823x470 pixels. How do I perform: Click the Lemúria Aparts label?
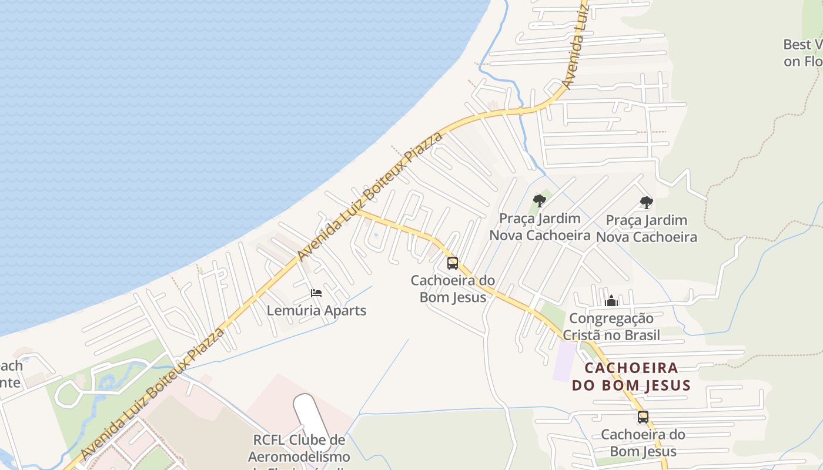[316, 311]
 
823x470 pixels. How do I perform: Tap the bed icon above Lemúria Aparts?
[316, 293]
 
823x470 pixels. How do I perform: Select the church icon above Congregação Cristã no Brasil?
[611, 301]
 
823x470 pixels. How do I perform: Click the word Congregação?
[611, 319]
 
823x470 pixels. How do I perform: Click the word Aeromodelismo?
[299, 456]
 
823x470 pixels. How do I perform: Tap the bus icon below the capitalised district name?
[643, 417]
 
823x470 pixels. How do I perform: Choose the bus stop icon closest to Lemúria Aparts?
[452, 263]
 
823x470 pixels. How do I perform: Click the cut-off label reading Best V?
[803, 45]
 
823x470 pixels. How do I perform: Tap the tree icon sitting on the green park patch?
[540, 201]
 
